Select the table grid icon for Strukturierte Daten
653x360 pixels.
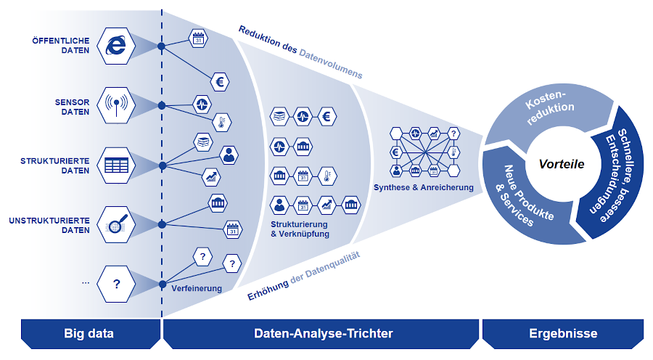pos(116,165)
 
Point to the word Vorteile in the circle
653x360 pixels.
pos(561,164)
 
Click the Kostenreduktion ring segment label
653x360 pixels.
pos(549,102)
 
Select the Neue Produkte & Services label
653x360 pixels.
pos(528,197)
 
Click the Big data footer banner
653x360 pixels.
pos(89,334)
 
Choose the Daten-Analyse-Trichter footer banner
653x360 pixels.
pos(324,334)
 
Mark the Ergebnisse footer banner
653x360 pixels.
pos(563,334)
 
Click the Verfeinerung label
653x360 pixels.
pos(197,289)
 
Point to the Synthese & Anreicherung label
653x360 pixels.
pos(423,187)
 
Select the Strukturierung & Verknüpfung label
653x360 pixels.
pos(300,229)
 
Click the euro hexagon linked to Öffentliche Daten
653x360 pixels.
pos(221,82)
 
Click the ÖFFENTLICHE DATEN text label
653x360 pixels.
pos(61,46)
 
